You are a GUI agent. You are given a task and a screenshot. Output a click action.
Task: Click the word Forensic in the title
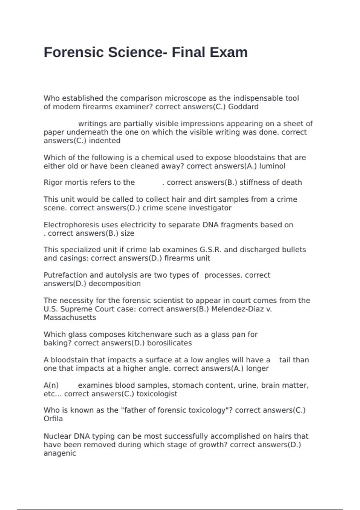click(x=74, y=52)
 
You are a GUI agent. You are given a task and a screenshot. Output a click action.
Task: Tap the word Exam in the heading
click(x=229, y=52)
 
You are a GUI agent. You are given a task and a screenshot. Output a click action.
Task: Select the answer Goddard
click(x=243, y=107)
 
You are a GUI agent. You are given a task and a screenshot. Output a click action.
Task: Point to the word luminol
click(x=272, y=166)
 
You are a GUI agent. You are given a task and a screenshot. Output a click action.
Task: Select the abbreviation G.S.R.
click(x=211, y=250)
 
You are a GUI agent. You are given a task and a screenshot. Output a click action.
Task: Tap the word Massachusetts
click(x=70, y=318)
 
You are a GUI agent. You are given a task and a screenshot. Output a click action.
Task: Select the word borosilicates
click(x=169, y=343)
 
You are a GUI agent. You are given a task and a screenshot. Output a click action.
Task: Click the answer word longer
click(x=257, y=368)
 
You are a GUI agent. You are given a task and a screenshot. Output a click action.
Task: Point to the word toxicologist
click(x=157, y=394)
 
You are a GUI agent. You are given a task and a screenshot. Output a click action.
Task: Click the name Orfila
click(x=53, y=419)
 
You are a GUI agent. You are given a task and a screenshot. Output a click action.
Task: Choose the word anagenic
click(x=60, y=453)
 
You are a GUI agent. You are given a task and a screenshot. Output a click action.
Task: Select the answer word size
click(x=127, y=233)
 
